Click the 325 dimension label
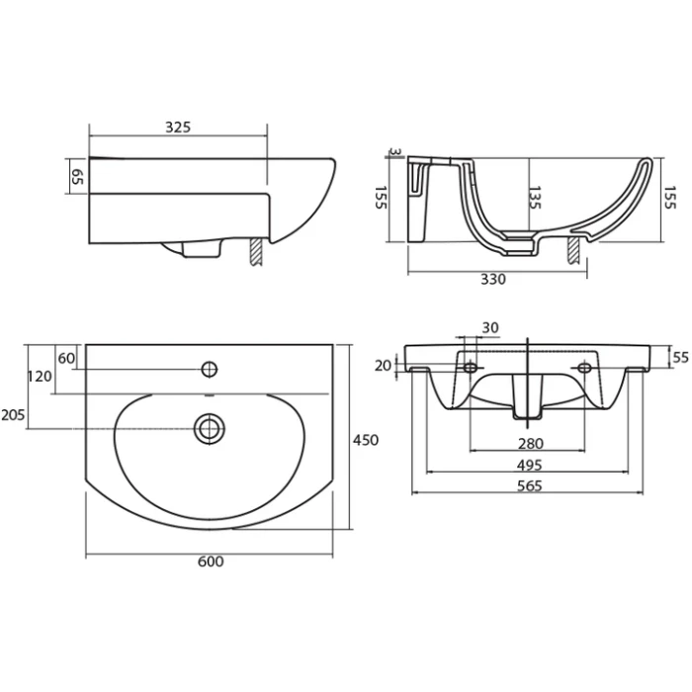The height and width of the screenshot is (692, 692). pyautogui.click(x=178, y=128)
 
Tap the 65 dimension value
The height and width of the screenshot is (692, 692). pyautogui.click(x=77, y=177)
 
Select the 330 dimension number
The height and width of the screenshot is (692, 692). pyautogui.click(x=493, y=280)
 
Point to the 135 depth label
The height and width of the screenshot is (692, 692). pyautogui.click(x=535, y=198)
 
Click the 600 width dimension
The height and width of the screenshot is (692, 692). pyautogui.click(x=211, y=562)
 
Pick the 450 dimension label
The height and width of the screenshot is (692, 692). pyautogui.click(x=366, y=440)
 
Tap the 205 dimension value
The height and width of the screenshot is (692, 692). pyautogui.click(x=13, y=415)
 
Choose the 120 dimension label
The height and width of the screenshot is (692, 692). pyautogui.click(x=40, y=377)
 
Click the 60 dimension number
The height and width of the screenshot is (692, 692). pyautogui.click(x=66, y=358)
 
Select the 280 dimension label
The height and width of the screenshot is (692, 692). pyautogui.click(x=531, y=444)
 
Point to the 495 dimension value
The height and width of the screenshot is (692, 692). pyautogui.click(x=529, y=466)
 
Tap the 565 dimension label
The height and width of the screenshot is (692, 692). pyautogui.click(x=529, y=486)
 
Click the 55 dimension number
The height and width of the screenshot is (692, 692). pyautogui.click(x=680, y=357)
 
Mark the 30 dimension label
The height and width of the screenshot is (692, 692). pyautogui.click(x=490, y=328)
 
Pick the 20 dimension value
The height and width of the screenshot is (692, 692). pyautogui.click(x=384, y=366)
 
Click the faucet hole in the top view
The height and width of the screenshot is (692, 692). pyautogui.click(x=210, y=369)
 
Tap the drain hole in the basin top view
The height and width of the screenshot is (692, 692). pyautogui.click(x=210, y=428)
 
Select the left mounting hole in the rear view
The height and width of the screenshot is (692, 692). pyautogui.click(x=471, y=367)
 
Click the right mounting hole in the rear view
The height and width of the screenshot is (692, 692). pyautogui.click(x=585, y=367)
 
